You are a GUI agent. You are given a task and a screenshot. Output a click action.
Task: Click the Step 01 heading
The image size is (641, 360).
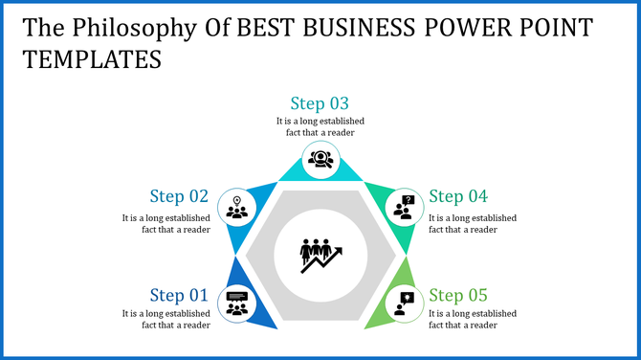(179, 295)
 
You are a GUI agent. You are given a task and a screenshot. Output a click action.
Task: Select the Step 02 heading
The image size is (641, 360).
(179, 196)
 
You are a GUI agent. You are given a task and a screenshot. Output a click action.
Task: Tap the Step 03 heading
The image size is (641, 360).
(320, 103)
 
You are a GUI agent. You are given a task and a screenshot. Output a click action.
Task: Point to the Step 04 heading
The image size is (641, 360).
(458, 196)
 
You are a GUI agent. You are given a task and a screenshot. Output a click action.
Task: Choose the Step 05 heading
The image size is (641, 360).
(458, 295)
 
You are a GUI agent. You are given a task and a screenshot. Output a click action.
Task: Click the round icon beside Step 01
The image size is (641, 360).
(235, 304)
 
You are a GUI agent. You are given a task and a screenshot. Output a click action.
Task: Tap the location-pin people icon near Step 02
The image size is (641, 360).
(235, 207)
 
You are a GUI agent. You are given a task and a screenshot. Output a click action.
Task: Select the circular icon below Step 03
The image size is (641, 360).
(320, 158)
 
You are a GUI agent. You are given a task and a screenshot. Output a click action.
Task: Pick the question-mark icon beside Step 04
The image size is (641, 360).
(406, 207)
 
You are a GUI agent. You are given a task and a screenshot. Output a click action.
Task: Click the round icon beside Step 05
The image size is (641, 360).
(405, 304)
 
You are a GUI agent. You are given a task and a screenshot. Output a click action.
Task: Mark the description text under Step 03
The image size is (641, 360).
(320, 126)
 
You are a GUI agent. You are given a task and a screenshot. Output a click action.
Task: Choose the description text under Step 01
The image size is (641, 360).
(166, 319)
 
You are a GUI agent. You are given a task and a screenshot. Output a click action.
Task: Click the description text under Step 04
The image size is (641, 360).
(472, 223)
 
